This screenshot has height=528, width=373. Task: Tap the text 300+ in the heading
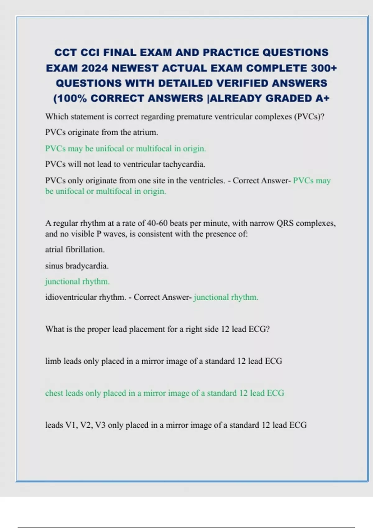pyautogui.click(x=324, y=68)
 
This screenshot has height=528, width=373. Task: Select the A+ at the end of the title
pyautogui.click(x=322, y=98)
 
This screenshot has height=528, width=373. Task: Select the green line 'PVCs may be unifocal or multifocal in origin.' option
pyautogui.click(x=126, y=148)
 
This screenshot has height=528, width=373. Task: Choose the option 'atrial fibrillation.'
pyautogui.click(x=75, y=249)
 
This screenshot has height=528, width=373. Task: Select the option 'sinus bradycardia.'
pyautogui.click(x=77, y=266)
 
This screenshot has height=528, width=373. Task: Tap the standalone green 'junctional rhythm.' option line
pyautogui.click(x=77, y=282)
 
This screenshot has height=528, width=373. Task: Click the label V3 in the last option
pyautogui.click(x=100, y=425)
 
